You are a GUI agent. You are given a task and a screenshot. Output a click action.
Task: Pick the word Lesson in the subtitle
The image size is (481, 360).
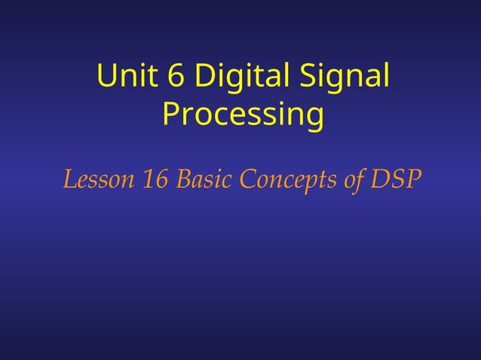(x=96, y=181)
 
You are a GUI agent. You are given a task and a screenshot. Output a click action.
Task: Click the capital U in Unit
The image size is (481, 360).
(x=107, y=77)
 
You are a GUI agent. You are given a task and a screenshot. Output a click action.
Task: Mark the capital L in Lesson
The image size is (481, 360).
(x=69, y=181)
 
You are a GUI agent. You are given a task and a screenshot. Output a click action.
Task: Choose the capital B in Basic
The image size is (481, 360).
(x=182, y=181)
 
